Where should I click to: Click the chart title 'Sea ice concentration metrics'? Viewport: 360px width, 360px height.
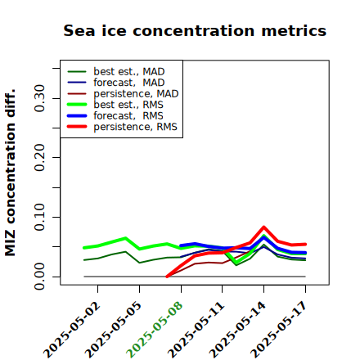pos(195,31)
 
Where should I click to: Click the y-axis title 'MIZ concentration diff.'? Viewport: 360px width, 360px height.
pos(10,173)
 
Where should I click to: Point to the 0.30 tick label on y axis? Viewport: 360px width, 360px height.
pos(39,98)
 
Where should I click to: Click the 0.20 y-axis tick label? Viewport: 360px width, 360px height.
pos(39,158)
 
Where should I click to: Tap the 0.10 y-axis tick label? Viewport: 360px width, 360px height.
pos(39,217)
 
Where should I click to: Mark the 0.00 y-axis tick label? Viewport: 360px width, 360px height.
pos(39,277)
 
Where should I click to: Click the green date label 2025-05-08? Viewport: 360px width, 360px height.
pos(155,330)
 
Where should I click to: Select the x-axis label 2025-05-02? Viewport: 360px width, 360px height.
pos(71,330)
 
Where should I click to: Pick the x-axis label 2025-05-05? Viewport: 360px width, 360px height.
pos(113,330)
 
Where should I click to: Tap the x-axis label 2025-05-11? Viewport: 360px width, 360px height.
pos(196,330)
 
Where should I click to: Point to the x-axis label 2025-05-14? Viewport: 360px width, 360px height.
pos(237,330)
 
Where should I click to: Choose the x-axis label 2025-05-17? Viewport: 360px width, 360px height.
pos(279,330)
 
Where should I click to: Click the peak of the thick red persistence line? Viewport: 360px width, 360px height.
pos(263,227)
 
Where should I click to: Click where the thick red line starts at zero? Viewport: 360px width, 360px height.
pos(167,277)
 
